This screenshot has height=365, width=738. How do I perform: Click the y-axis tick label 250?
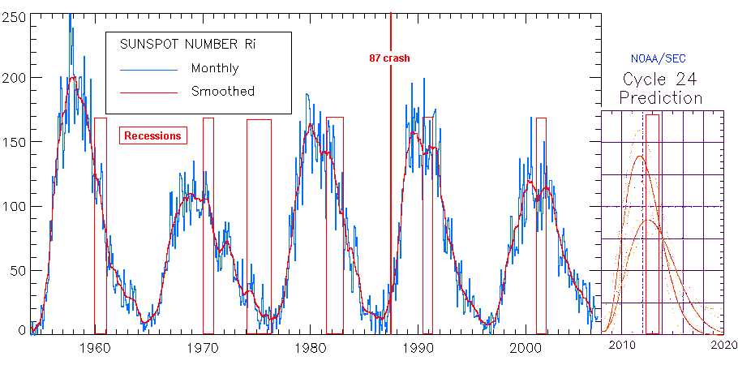[x=14, y=16]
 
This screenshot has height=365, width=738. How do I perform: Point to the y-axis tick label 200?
[x=14, y=78]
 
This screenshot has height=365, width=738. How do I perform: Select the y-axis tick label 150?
[x=14, y=142]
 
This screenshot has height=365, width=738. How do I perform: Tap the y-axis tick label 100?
[x=14, y=206]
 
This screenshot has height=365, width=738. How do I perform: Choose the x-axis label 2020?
[x=723, y=346]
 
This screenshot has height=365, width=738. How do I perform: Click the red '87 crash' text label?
[x=389, y=58]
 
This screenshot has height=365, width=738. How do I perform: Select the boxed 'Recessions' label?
[x=152, y=135]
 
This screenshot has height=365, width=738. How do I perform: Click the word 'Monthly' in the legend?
[x=215, y=68]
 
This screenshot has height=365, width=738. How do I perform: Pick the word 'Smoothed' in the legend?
[x=222, y=92]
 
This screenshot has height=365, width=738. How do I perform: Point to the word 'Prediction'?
[x=661, y=98]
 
